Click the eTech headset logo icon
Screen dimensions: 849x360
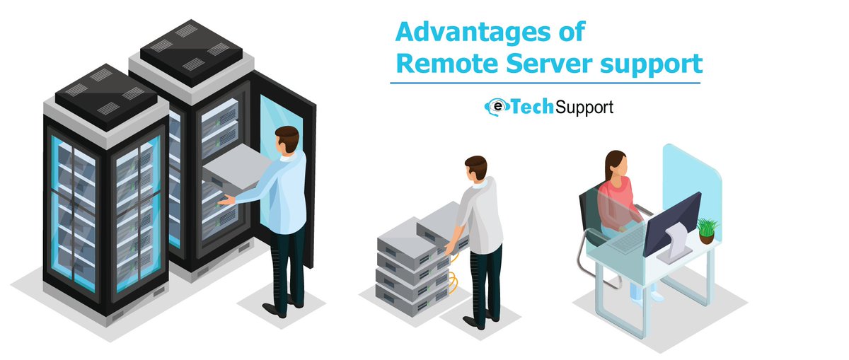[496, 107]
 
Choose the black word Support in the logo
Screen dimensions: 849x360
[584, 108]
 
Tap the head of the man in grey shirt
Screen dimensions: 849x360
[476, 168]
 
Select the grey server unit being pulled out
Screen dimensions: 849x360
[236, 170]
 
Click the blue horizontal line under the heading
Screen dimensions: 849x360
[545, 83]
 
